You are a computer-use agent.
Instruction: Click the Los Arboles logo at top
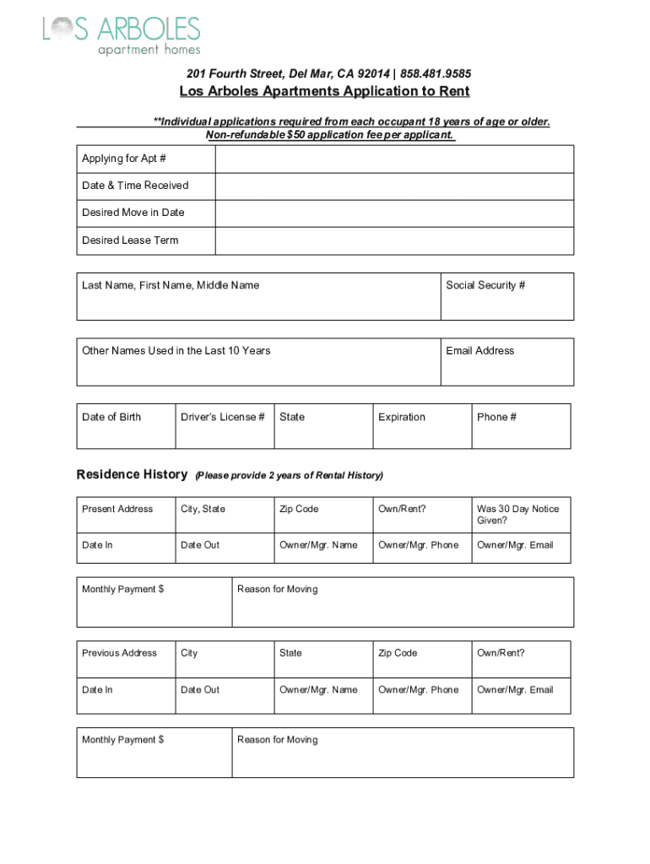(x=122, y=36)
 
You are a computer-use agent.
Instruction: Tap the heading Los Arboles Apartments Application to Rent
(x=324, y=91)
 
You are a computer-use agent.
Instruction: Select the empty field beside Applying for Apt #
(x=394, y=159)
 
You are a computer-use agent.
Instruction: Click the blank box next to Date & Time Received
(x=394, y=186)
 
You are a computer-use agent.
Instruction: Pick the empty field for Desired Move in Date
(x=394, y=213)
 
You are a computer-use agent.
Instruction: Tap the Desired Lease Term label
(x=130, y=240)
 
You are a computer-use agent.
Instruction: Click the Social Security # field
(x=506, y=296)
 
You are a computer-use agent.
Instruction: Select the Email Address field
(x=506, y=362)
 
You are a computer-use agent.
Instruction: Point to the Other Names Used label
(x=176, y=351)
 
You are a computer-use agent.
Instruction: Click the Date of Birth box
(x=126, y=426)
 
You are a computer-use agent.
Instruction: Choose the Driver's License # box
(x=225, y=426)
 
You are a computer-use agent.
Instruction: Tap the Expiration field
(x=421, y=426)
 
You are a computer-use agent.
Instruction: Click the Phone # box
(x=520, y=426)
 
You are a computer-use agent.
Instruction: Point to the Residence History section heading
(x=132, y=474)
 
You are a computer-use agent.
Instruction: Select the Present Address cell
(x=126, y=514)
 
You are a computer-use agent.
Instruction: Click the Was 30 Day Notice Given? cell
(x=520, y=514)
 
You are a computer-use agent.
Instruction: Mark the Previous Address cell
(x=126, y=658)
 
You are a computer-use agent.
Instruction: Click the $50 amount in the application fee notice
(x=296, y=135)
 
